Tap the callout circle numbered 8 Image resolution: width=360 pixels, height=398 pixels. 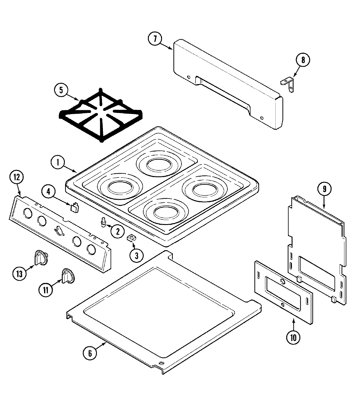303,60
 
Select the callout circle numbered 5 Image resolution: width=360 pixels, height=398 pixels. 61,91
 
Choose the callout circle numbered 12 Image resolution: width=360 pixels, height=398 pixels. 16,177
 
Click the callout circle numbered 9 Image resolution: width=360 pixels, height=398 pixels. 325,189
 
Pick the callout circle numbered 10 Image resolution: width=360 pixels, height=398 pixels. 293,337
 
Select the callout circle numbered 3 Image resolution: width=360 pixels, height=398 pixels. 136,256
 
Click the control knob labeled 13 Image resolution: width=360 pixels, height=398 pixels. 40,258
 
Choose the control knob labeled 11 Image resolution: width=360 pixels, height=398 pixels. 67,276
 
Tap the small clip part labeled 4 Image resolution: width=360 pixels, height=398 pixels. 75,207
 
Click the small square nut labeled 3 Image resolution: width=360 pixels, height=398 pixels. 131,238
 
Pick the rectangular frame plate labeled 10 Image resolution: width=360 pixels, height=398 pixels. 283,292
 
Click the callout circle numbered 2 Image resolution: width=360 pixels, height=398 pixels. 117,231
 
